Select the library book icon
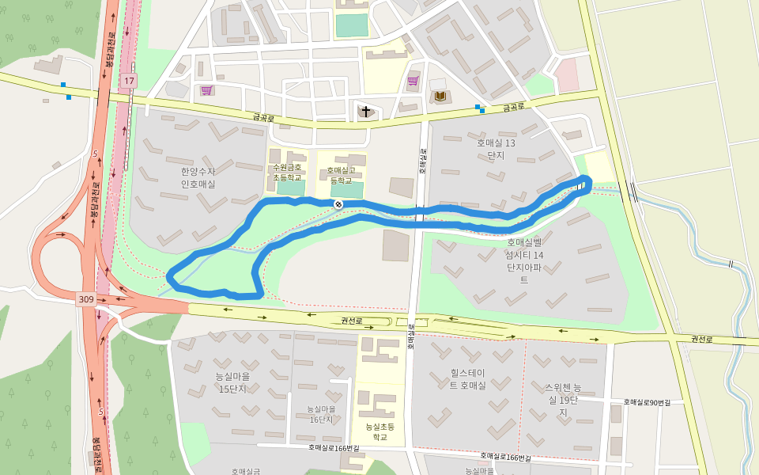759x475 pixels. coord(440,96)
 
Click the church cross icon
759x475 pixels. coord(365,111)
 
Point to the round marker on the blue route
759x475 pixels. coord(338,204)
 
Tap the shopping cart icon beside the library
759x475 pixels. coord(413,81)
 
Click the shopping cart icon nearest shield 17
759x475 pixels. coord(206,90)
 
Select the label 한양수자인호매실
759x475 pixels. coord(198,177)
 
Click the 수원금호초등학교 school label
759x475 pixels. coord(287,173)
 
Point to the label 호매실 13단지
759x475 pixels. coord(496,149)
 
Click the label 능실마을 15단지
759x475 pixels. coord(232,382)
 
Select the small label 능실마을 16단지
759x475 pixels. coord(322,414)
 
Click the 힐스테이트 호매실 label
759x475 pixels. coord(468,378)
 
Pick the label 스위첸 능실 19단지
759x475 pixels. coord(563,400)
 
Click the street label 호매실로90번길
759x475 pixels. coord(647,403)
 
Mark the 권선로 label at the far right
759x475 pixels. coord(702,340)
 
